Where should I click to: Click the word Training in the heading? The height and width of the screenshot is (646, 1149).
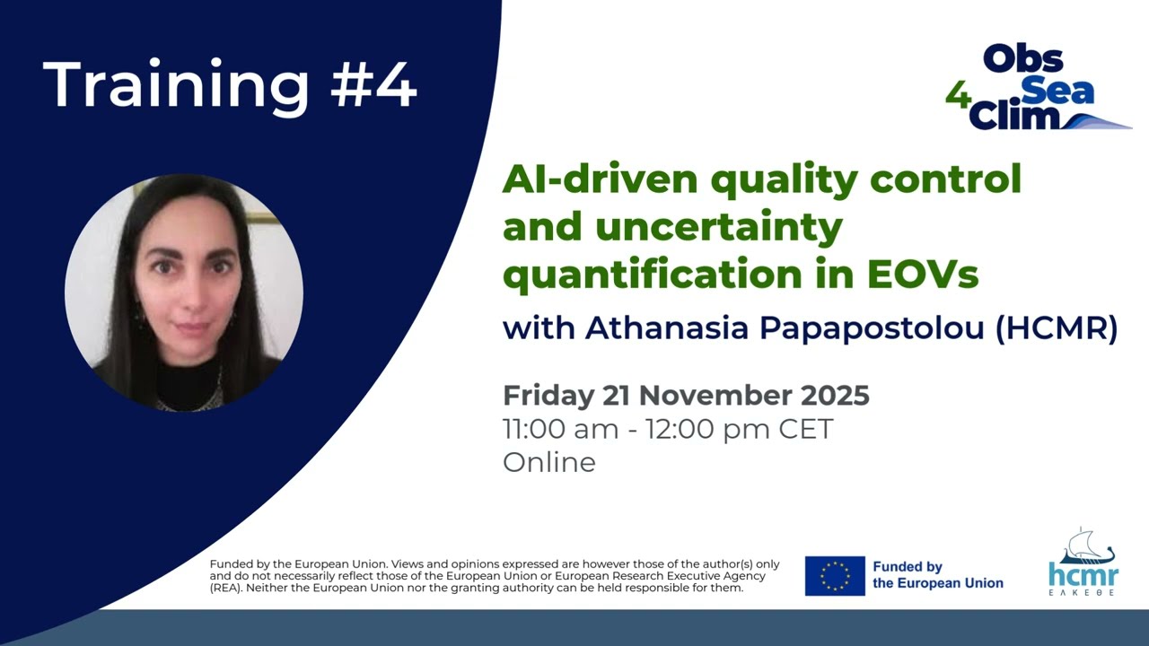point(176,85)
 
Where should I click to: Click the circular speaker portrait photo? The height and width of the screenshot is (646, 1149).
point(184,292)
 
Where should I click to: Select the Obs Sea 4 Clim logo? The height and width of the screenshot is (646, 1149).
point(1037,88)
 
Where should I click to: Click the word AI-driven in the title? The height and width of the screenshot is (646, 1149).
point(600,179)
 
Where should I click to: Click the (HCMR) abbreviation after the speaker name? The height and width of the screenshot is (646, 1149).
point(1057,328)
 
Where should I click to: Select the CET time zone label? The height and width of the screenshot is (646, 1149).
point(805,429)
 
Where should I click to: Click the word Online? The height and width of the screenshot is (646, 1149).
point(548,462)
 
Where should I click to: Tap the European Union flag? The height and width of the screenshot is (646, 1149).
point(835,576)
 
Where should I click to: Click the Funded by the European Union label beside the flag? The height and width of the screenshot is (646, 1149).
point(937,575)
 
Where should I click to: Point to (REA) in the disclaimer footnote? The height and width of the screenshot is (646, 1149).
point(226,589)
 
